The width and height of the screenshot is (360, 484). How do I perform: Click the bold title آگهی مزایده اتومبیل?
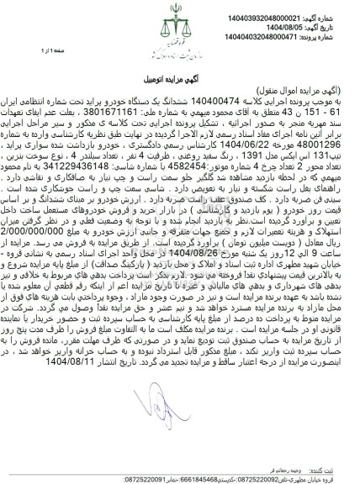[x=180, y=66]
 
